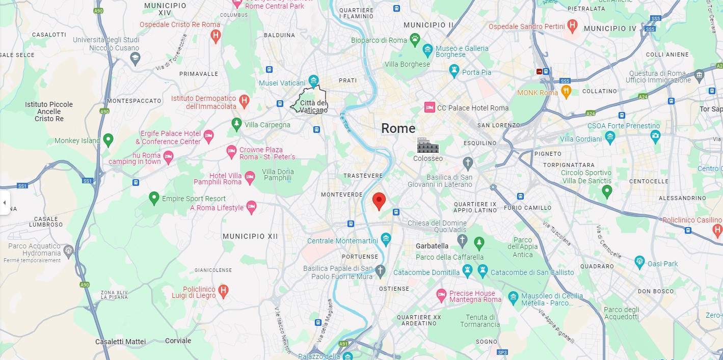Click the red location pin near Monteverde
coord(378,201)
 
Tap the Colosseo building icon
coord(427,146)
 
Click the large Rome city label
coord(398,128)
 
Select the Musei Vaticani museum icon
coord(314,81)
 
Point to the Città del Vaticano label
coord(313,106)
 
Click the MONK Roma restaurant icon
coord(566,92)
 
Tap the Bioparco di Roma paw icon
coord(416,39)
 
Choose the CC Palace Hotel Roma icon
coord(430,107)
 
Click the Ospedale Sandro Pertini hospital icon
coord(573,25)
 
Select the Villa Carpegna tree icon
coord(236,123)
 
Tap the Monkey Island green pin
coord(108,139)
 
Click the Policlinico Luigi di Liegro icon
coord(223,291)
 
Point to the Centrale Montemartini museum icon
coord(386,238)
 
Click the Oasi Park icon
coord(640,262)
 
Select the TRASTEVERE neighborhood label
coord(363,176)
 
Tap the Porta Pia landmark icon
coord(454,71)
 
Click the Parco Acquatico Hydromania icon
coord(68,250)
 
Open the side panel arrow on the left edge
coord(5,203)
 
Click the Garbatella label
coord(432,246)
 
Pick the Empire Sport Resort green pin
coord(154,198)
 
